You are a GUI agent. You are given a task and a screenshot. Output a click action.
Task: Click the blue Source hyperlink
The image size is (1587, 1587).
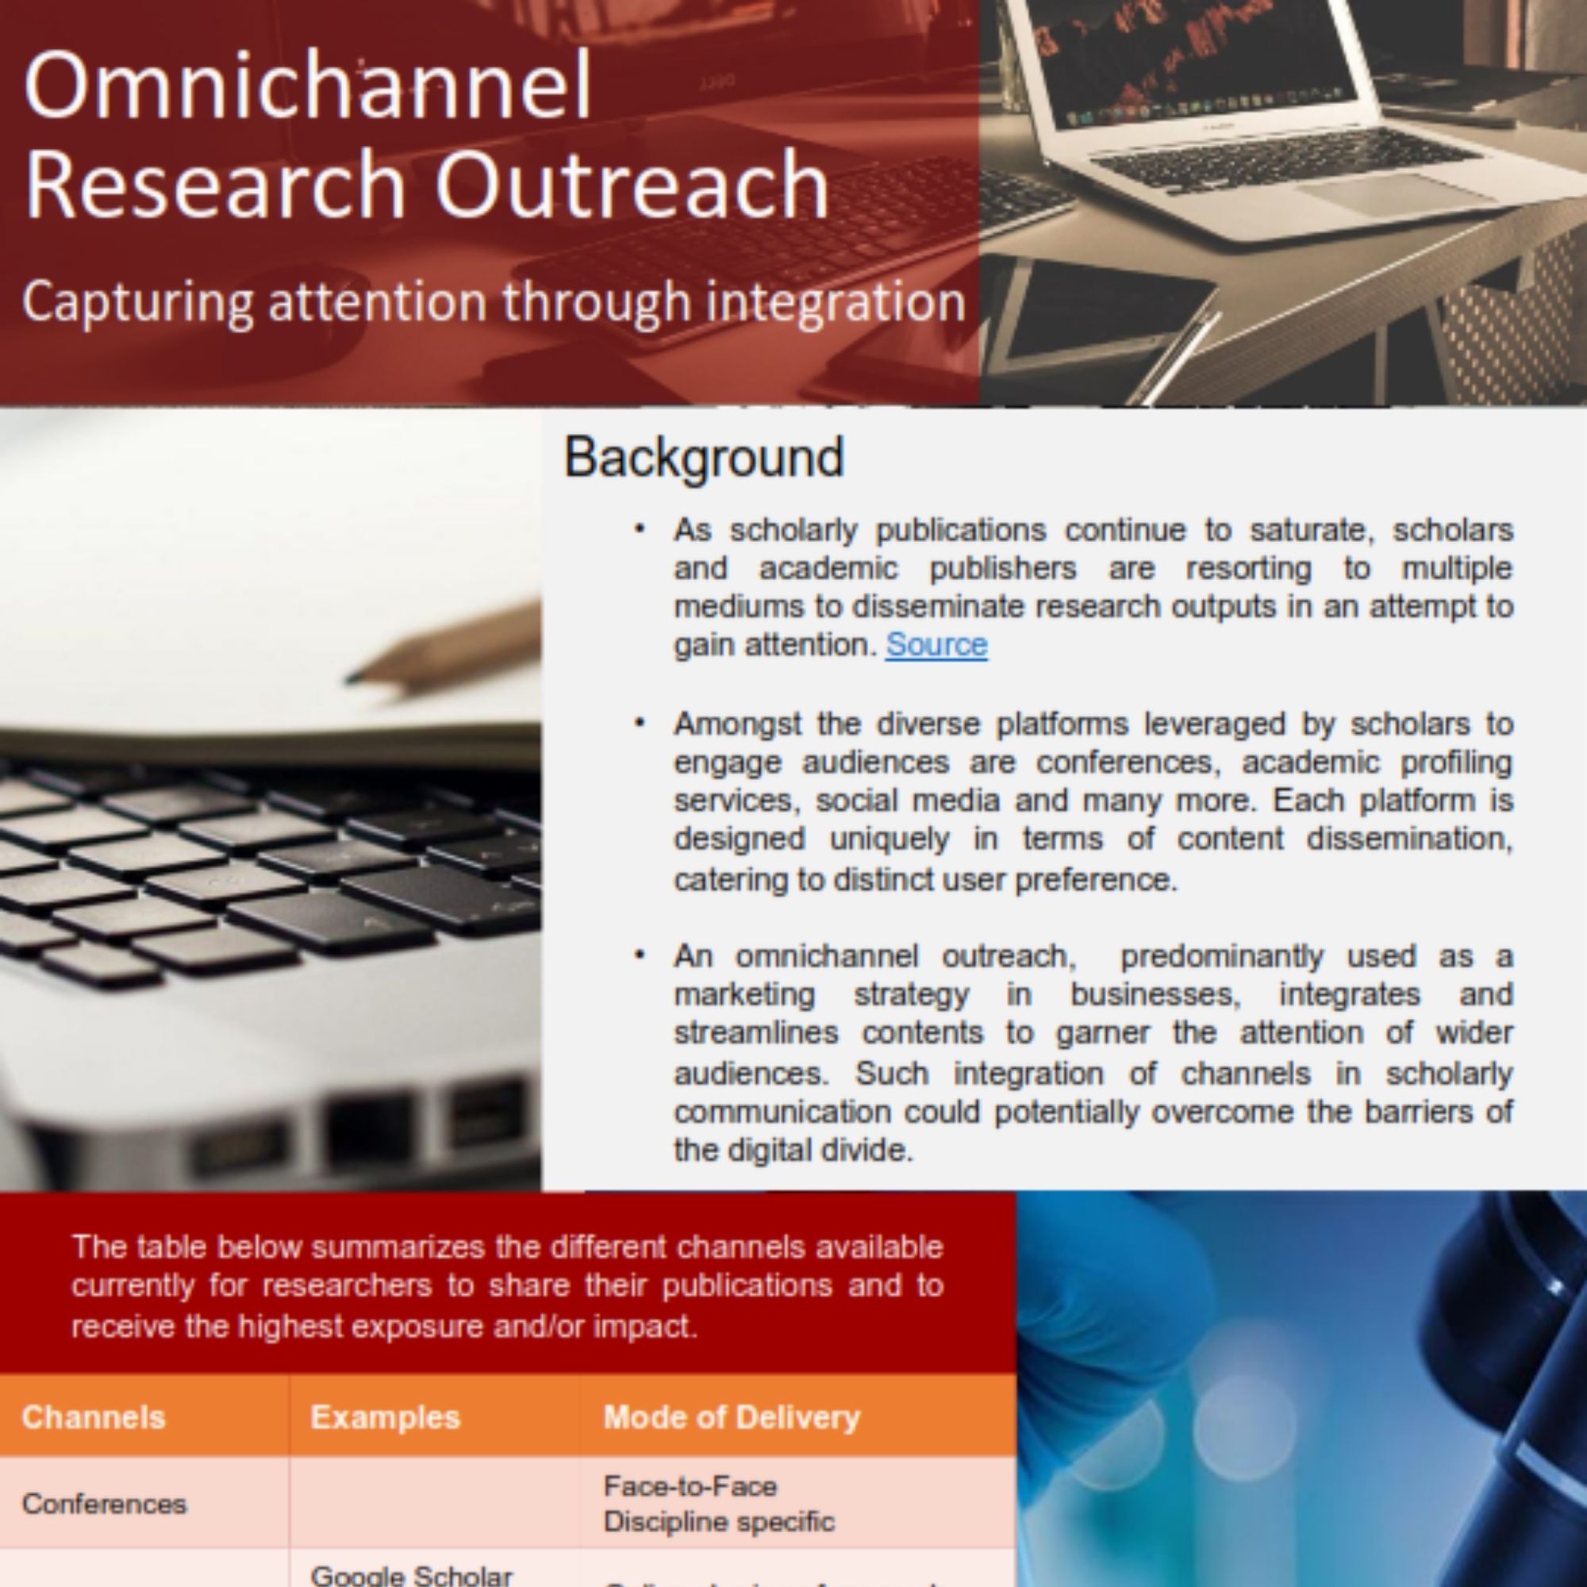point(936,645)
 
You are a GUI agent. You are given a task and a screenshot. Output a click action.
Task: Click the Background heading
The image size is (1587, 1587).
point(704,458)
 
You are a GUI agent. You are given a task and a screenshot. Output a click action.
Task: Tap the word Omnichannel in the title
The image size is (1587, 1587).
point(308,86)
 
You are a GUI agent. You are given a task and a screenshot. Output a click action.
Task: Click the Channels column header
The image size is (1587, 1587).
point(94,1417)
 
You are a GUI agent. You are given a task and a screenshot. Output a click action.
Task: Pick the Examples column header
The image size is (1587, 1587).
point(384,1417)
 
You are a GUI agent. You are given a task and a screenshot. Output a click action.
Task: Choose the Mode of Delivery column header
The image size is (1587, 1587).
point(732,1417)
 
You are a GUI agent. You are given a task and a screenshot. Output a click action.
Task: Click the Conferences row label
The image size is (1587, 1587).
point(104,1504)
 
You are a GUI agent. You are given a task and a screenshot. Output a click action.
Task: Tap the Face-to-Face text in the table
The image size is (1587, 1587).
point(690,1486)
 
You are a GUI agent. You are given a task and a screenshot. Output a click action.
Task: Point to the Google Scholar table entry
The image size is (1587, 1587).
point(411,1574)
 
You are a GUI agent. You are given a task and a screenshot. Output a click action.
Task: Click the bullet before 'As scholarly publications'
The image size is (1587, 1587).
point(640,529)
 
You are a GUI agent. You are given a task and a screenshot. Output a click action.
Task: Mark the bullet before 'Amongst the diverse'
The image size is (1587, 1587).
point(640,723)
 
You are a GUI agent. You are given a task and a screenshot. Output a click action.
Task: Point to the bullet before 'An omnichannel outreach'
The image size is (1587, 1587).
point(640,955)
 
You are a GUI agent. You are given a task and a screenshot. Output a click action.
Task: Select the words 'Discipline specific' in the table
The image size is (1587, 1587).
point(719,1521)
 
